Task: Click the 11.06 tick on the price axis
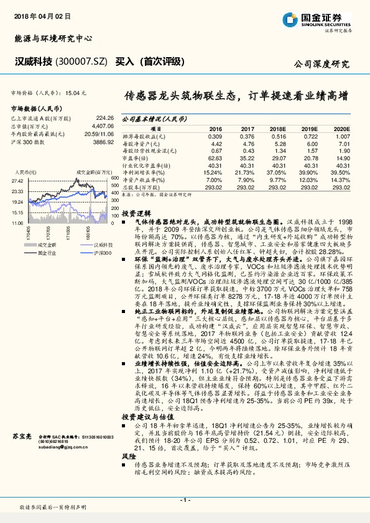tap(17, 222)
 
